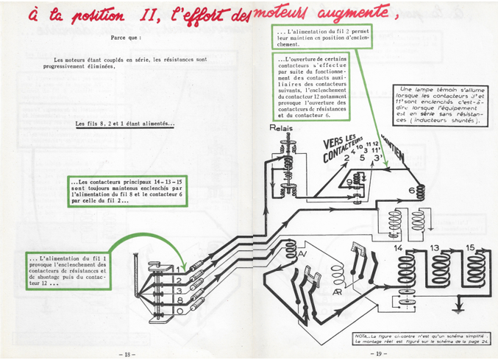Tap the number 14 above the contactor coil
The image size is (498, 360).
398,249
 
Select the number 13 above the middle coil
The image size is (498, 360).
434,248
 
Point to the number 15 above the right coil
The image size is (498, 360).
471,248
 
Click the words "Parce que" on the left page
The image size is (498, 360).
126,36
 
